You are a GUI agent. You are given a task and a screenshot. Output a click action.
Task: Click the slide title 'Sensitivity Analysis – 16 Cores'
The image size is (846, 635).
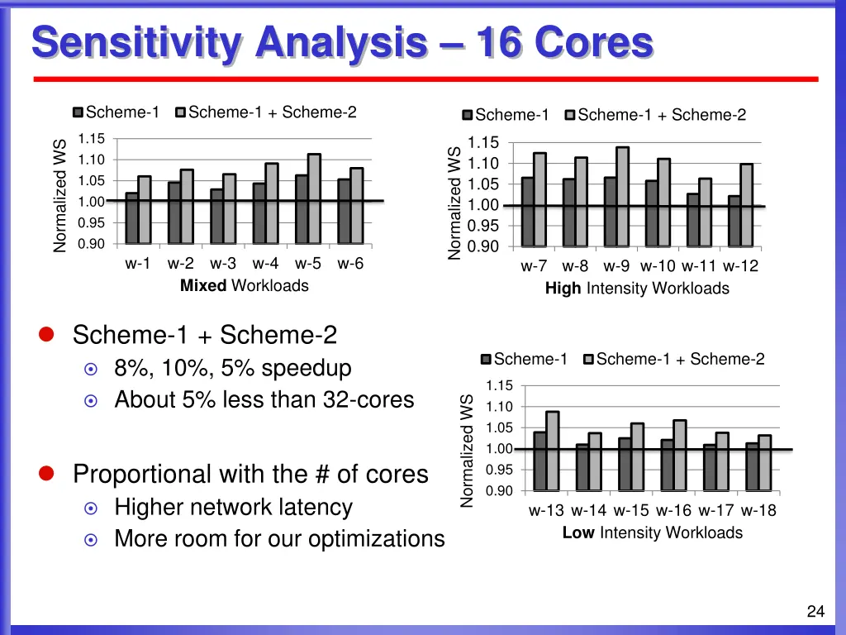pos(342,43)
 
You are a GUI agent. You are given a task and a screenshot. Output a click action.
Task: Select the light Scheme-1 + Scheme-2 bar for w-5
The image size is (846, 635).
pos(314,198)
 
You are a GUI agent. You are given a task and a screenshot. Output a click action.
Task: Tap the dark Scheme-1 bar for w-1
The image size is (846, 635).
pos(132,218)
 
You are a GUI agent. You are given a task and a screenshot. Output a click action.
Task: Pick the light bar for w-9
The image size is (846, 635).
pos(622,197)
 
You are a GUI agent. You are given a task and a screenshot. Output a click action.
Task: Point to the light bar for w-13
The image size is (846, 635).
pos(552,451)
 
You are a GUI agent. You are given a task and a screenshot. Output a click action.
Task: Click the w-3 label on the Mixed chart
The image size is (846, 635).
pos(223,265)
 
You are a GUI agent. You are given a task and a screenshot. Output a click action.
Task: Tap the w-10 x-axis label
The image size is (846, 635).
pos(658,266)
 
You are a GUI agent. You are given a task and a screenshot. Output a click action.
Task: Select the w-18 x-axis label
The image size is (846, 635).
pos(758,510)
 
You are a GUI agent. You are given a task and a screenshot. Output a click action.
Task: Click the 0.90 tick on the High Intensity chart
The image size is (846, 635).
pos(483,246)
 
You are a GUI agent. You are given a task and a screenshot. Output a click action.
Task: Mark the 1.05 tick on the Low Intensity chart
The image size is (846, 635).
pos(500,427)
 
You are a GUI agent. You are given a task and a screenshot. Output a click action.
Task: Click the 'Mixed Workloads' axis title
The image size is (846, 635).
pos(245,286)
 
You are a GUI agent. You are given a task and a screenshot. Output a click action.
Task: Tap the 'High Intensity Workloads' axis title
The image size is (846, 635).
pos(637,289)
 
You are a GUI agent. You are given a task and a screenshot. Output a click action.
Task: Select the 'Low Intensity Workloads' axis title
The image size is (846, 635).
pos(652,533)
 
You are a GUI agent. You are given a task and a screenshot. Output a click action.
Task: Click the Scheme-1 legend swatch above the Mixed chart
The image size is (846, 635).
pos(78,112)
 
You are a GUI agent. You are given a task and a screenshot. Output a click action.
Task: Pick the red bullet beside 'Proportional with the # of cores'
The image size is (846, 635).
pos(46,473)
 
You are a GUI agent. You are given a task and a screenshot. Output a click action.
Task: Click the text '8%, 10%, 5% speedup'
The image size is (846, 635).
pos(233,368)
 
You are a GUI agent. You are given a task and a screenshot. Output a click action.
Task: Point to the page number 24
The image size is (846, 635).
pos(815,612)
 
